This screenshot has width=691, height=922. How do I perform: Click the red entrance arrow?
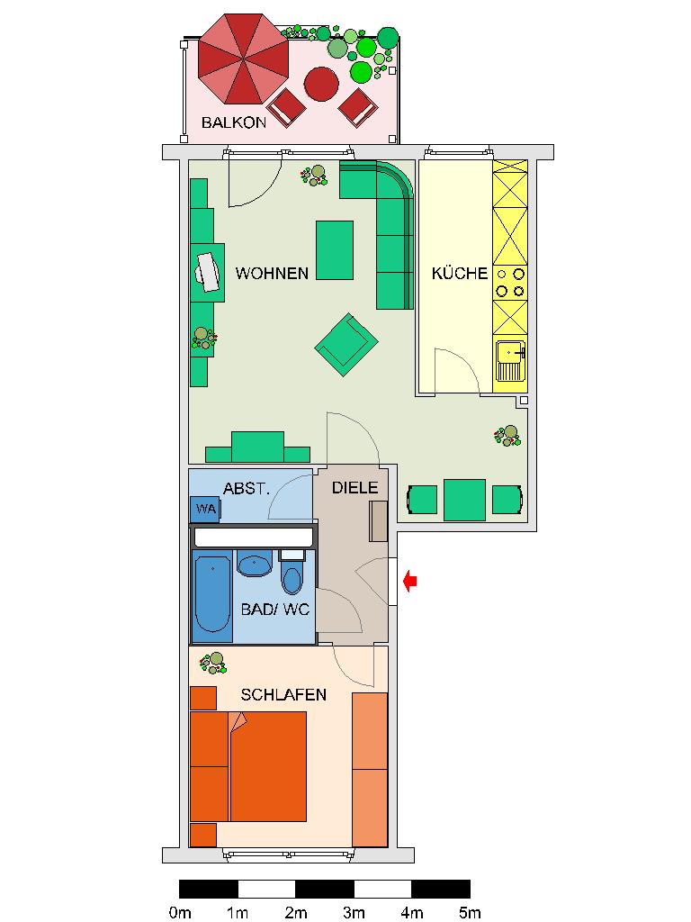pos(409,582)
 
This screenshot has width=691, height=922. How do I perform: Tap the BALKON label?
pos(233,122)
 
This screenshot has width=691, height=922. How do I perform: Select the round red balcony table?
pos(321,85)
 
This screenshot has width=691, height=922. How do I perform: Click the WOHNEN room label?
pos(272,273)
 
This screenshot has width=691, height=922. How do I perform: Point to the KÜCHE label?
pos(459,273)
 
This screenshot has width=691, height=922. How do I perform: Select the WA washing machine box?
pos(206,510)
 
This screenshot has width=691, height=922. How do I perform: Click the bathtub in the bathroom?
pos(213,595)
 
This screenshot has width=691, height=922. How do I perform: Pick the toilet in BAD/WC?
pos(292,574)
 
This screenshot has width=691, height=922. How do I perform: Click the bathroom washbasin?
pos(254,565)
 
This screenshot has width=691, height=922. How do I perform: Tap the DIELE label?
pos(354,488)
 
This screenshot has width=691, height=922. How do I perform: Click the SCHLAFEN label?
pos(283,695)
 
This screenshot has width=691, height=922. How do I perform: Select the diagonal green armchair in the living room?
pos(345,344)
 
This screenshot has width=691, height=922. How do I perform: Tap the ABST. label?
pos(246,489)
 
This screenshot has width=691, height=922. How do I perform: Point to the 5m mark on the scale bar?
pos(469,913)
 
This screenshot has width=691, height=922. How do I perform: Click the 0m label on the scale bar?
pos(180,913)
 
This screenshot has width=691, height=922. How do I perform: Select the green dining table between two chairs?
pos(465,499)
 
